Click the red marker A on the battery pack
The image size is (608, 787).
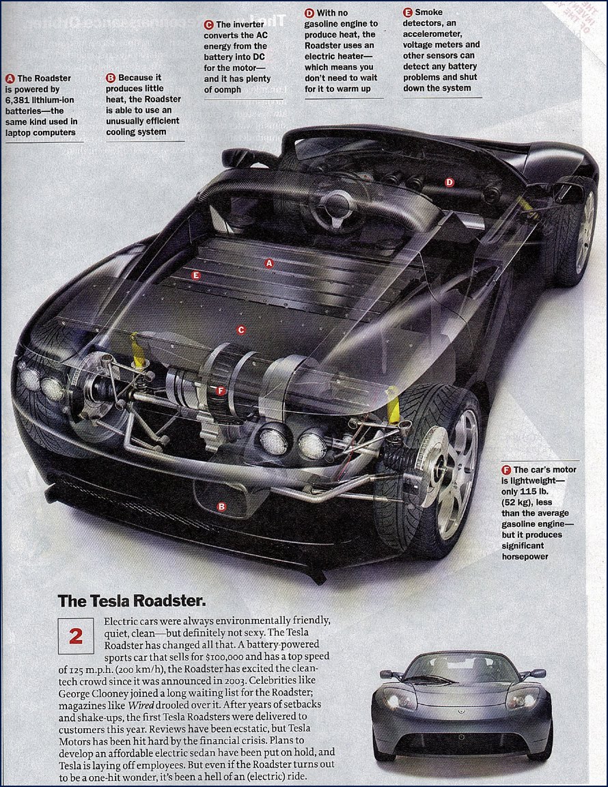(x=269, y=262)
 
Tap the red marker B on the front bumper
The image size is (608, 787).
(x=221, y=506)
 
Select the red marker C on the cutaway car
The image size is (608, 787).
(x=240, y=330)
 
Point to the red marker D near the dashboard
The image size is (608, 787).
(x=449, y=182)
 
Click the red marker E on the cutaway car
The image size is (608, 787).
(x=196, y=275)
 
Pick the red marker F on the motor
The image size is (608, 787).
(x=220, y=391)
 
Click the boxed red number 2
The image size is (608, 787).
(x=76, y=635)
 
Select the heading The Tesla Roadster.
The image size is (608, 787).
(x=132, y=601)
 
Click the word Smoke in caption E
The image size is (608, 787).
(x=428, y=12)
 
